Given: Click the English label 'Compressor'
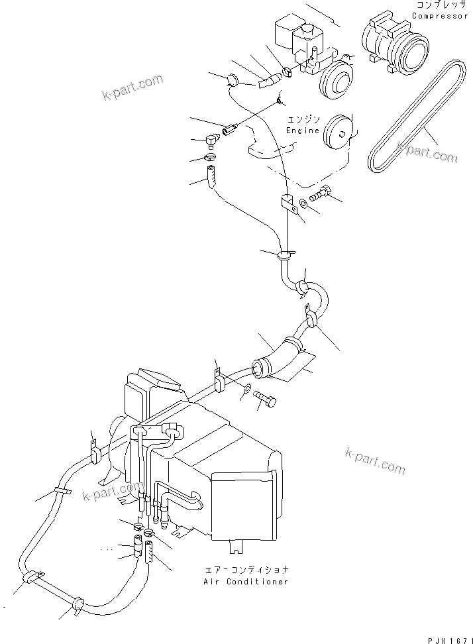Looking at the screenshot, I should tap(440, 16).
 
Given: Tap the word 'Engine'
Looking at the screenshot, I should tap(303, 131).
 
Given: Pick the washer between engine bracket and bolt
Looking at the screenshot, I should tap(302, 201).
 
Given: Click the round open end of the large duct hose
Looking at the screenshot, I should tap(260, 369).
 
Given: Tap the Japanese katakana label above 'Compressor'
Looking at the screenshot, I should tap(440, 5).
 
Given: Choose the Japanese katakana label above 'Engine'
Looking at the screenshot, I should tap(303, 120).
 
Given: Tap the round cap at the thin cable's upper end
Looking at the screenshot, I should tap(233, 80).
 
